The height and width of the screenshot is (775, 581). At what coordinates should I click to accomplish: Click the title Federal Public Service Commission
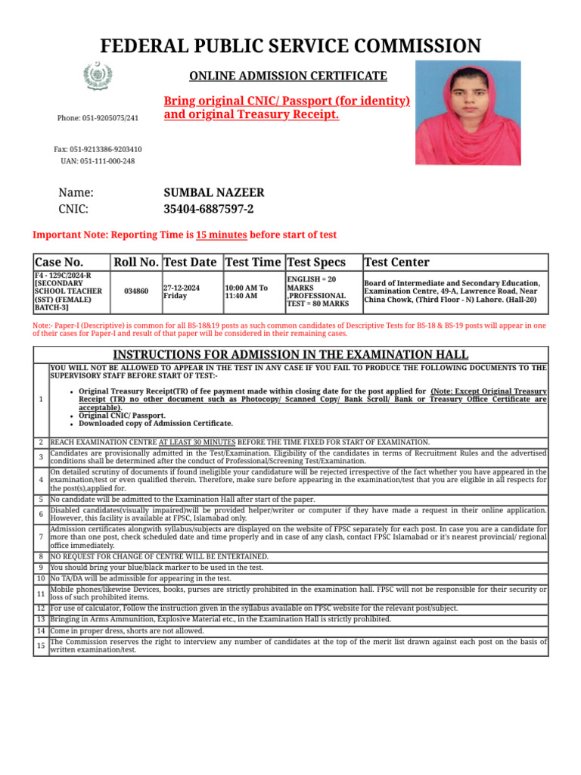click(x=290, y=46)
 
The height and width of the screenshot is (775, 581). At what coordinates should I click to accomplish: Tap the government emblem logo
click(x=97, y=76)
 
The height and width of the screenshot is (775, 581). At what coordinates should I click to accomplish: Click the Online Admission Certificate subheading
click(x=287, y=76)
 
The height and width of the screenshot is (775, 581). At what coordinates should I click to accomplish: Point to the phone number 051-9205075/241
click(x=98, y=118)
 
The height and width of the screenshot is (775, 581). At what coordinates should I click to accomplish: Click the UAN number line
click(x=98, y=161)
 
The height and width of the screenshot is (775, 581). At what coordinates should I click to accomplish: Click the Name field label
click(x=76, y=193)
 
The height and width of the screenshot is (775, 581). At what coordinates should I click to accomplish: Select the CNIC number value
click(x=209, y=210)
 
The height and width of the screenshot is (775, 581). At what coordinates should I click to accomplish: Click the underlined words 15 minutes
click(x=221, y=235)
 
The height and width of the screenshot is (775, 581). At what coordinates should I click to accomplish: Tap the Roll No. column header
click(x=136, y=262)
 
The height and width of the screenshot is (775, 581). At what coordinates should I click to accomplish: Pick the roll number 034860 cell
click(x=136, y=291)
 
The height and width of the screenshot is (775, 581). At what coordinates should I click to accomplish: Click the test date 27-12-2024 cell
click(x=182, y=291)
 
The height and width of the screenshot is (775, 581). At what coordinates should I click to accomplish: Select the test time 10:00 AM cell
click(x=246, y=291)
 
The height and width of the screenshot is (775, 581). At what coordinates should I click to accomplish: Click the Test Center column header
click(x=397, y=262)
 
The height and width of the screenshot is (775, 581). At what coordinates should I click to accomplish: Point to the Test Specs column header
click(x=316, y=262)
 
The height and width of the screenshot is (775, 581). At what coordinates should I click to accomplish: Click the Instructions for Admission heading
click(x=290, y=355)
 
